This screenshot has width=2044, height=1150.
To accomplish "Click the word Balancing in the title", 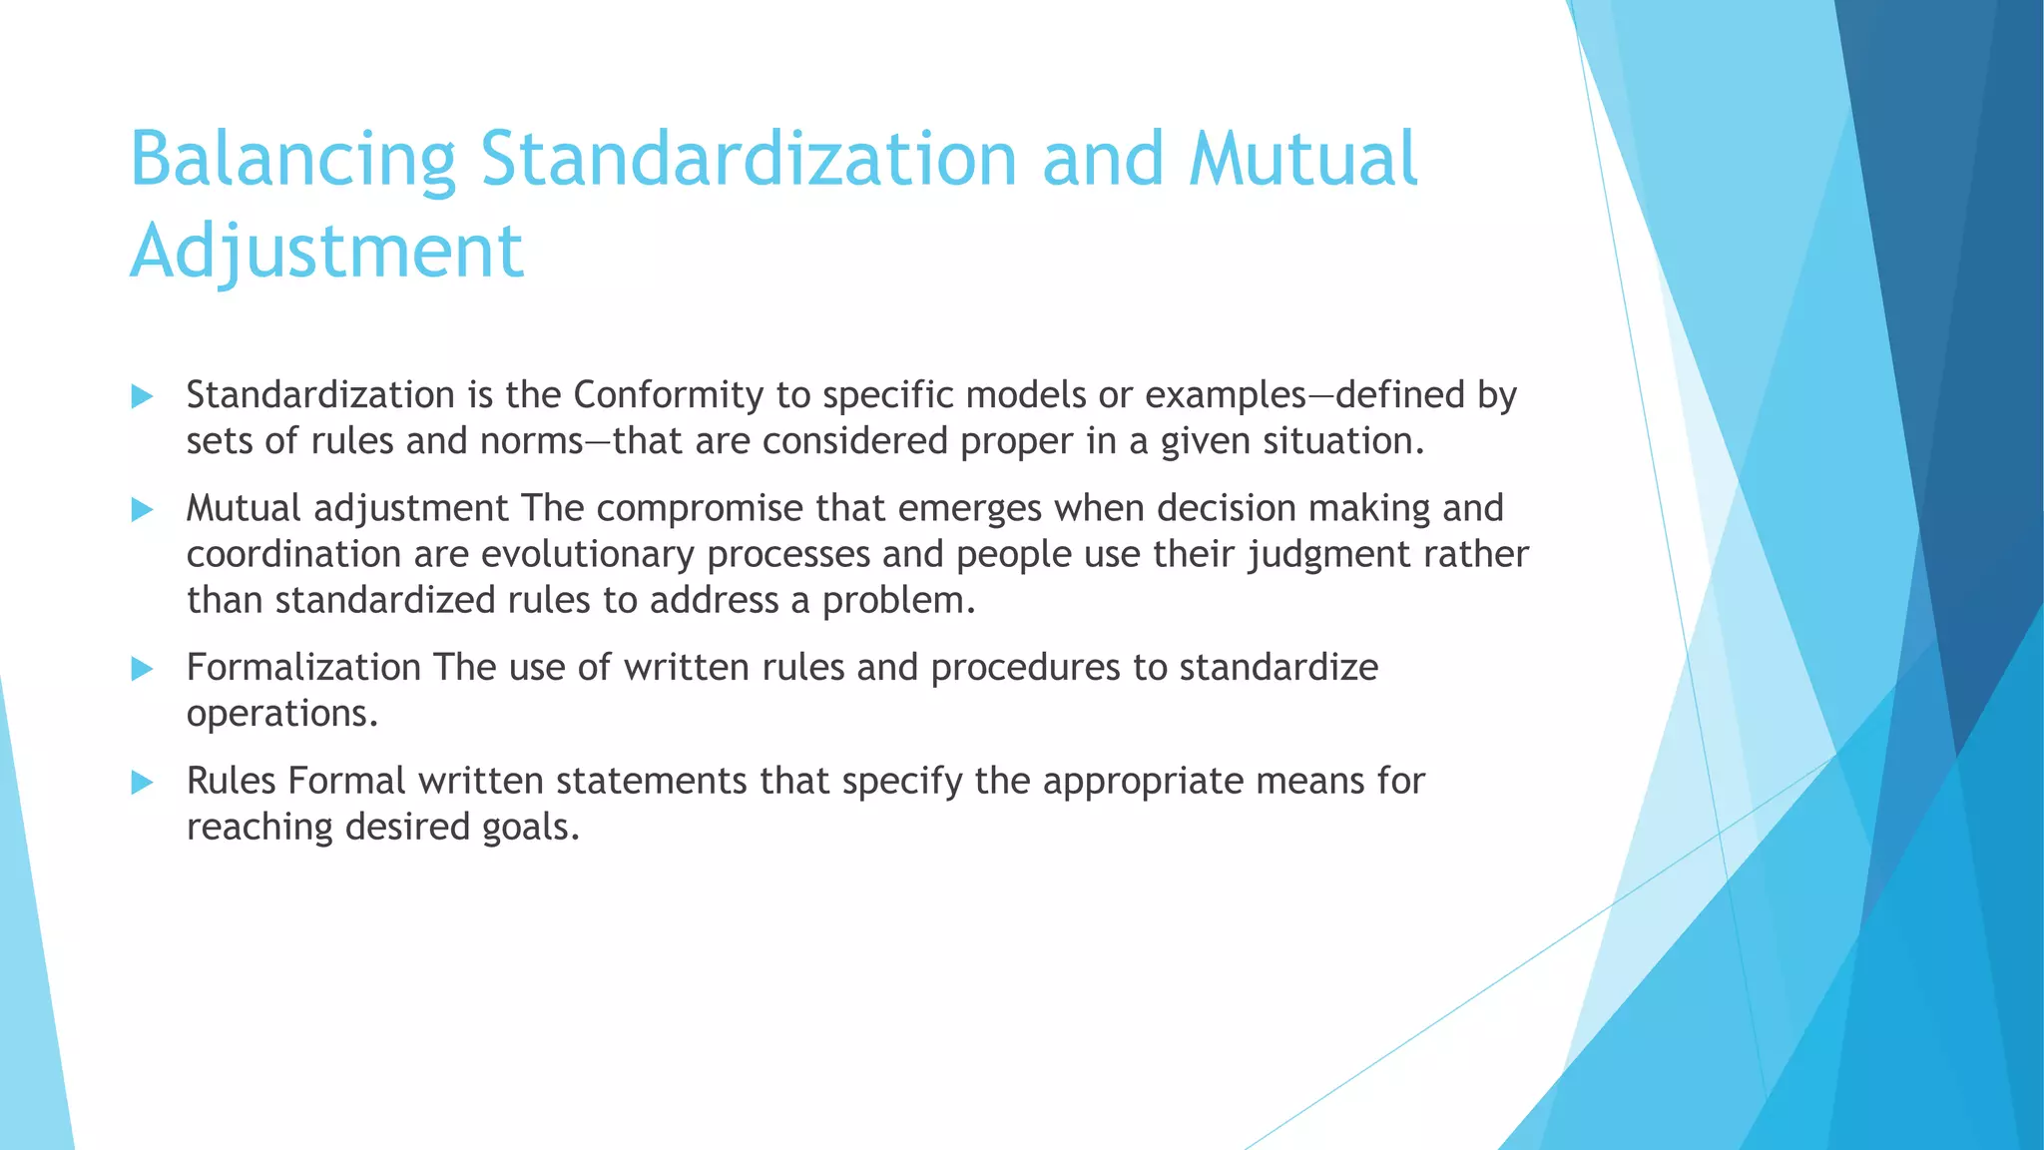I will tap(292, 160).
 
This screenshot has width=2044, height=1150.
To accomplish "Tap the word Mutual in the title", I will tap(1302, 160).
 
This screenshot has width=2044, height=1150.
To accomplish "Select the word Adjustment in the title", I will tap(326, 252).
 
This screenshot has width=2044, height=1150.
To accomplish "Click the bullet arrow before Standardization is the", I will tap(142, 397).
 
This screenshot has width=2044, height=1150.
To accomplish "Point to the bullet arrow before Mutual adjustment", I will tap(142, 510).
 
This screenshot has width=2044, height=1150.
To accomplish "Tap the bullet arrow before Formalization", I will tap(142, 669).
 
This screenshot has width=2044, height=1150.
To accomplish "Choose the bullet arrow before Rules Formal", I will tap(142, 783).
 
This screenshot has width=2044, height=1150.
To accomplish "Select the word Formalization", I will tap(303, 668).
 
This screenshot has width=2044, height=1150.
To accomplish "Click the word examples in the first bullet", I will tap(1225, 396).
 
